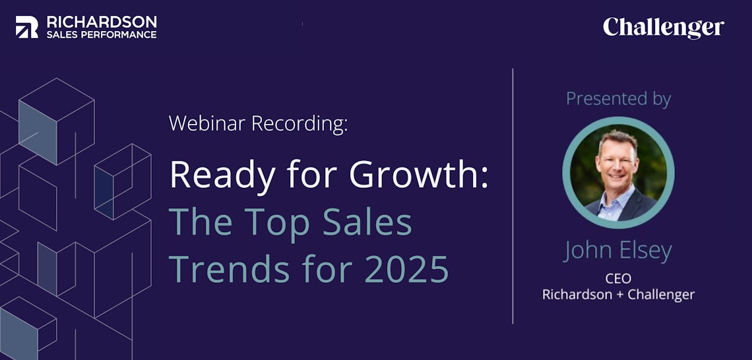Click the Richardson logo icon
pos(27,27)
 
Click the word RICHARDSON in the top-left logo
pos(102,22)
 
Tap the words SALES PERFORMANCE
pos(102,34)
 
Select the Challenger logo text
pos(664,28)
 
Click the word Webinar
pos(208,124)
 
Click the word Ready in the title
pos(222,175)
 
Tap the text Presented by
pos(618,99)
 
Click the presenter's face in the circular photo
pos(617,161)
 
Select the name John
pos(588,251)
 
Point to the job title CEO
pos(618,278)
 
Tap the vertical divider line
pos(513,196)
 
